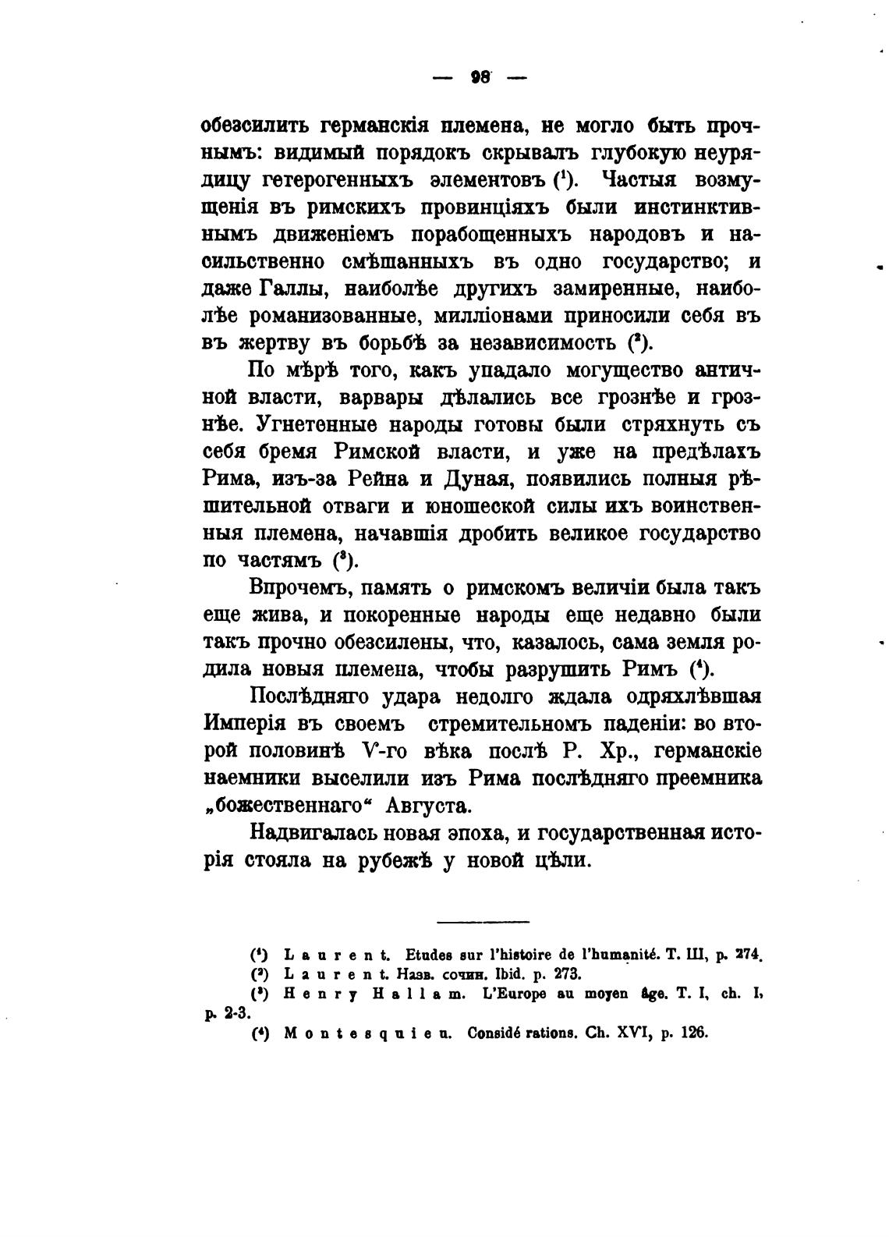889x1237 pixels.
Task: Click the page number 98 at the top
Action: coord(480,76)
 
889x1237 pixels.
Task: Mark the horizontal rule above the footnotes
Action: coord(483,923)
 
